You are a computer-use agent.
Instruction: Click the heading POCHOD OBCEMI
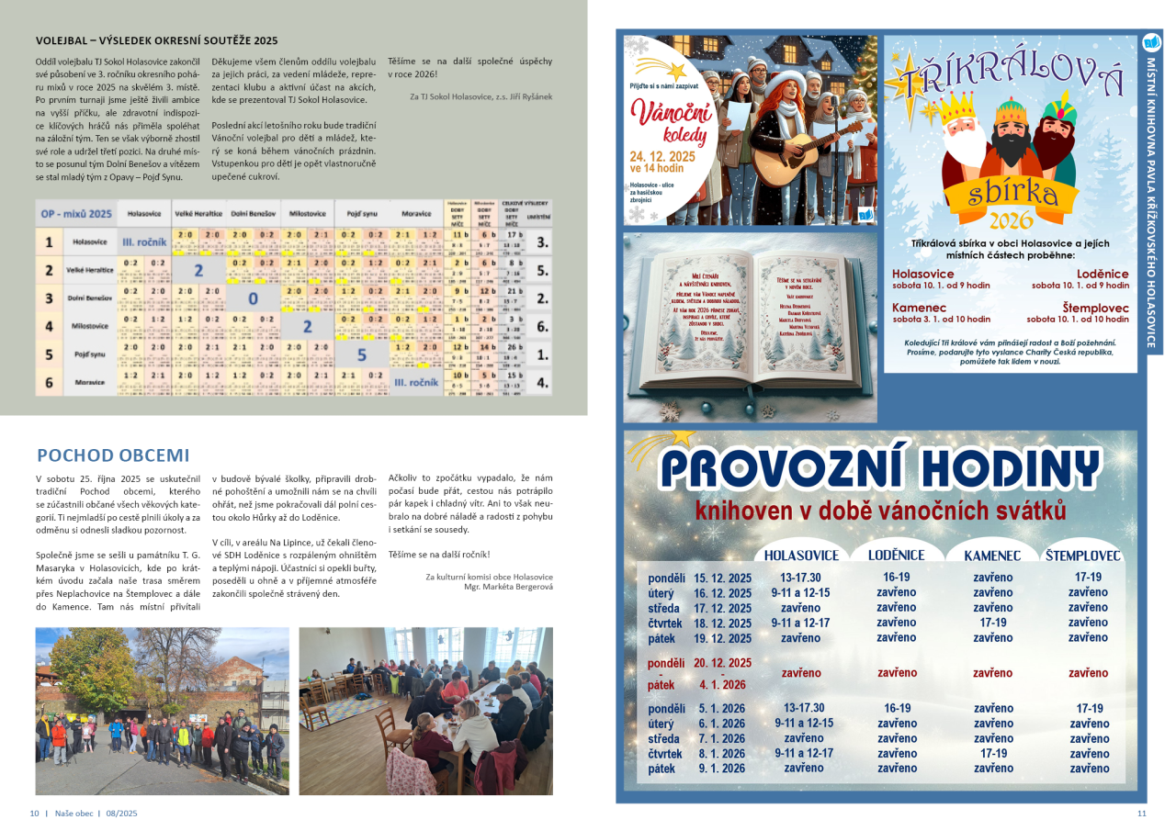pyautogui.click(x=113, y=455)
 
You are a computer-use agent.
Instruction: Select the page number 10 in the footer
pyautogui.click(x=34, y=814)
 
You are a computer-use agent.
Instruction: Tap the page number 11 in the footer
pyautogui.click(x=1142, y=814)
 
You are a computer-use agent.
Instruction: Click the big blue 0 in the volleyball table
pyautogui.click(x=254, y=298)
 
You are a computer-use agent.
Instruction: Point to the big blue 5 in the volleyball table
pyautogui.click(x=361, y=354)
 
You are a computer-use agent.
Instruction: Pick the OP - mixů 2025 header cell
pyautogui.click(x=76, y=214)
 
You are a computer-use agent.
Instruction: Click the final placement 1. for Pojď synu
pyautogui.click(x=542, y=354)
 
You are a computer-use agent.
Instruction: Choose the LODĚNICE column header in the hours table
pyautogui.click(x=897, y=556)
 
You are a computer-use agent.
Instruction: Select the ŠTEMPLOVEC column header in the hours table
pyautogui.click(x=1083, y=556)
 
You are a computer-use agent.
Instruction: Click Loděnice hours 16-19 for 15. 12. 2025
pyautogui.click(x=897, y=578)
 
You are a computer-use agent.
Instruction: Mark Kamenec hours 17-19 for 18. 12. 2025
pyautogui.click(x=993, y=623)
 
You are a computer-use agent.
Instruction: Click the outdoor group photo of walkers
pyautogui.click(x=162, y=710)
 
